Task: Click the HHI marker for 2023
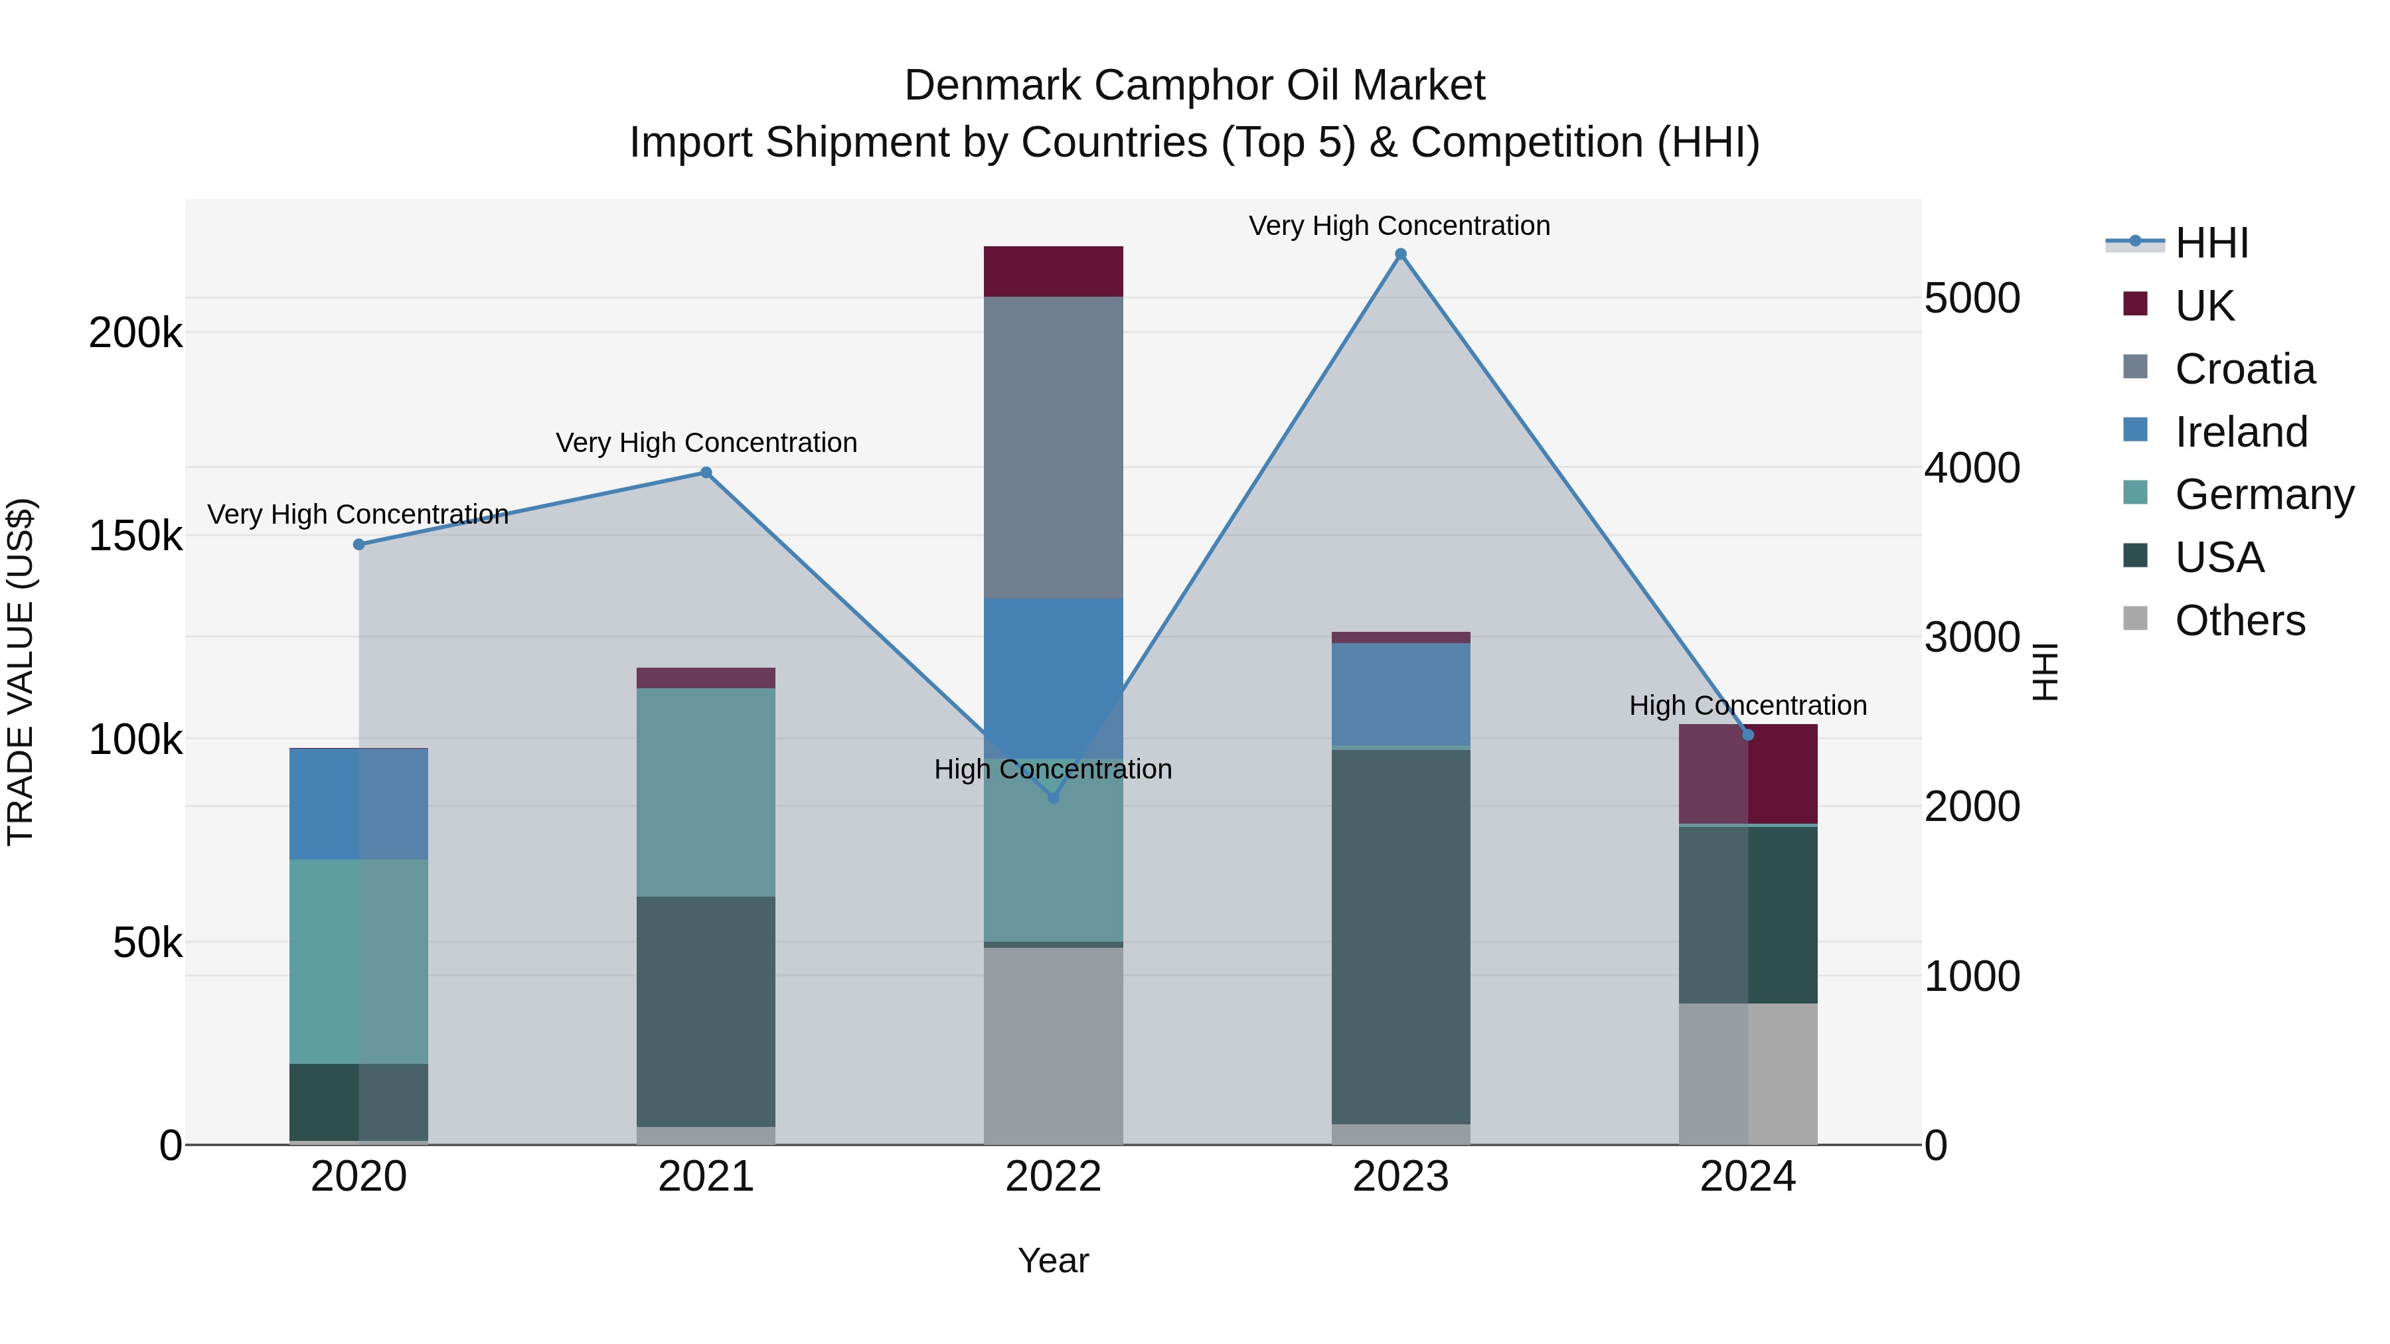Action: tap(1400, 254)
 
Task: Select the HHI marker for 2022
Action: tap(1053, 798)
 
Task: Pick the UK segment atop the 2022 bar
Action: tap(1053, 271)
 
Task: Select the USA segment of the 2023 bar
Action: tap(1400, 936)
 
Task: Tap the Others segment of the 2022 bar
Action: tap(1053, 1045)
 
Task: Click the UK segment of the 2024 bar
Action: tap(1748, 775)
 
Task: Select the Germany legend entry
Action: tap(2263, 494)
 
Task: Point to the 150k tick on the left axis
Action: tap(135, 536)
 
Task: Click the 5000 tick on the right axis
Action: tap(1972, 299)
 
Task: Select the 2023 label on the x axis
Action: tap(1400, 1177)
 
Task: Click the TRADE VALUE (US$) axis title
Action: tap(21, 672)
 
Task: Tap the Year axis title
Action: tap(1053, 1260)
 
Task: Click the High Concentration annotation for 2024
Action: tap(1747, 706)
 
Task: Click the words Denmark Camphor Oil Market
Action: tap(1194, 86)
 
